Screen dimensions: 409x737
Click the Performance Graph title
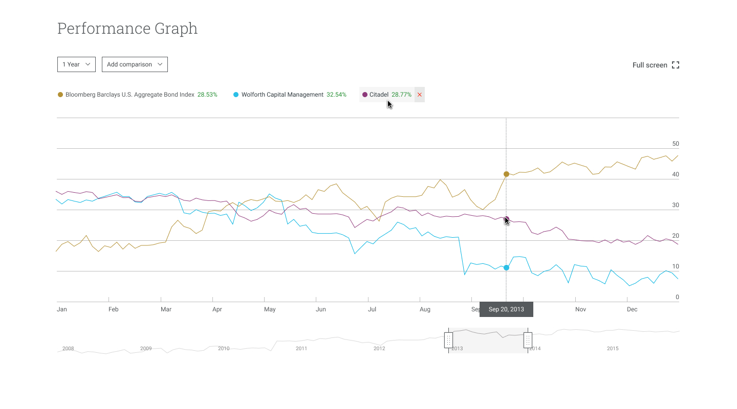pyautogui.click(x=127, y=29)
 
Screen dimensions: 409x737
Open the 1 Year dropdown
pyautogui.click(x=76, y=64)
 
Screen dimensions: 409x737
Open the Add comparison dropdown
pyautogui.click(x=135, y=64)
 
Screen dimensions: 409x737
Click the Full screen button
pyautogui.click(x=656, y=65)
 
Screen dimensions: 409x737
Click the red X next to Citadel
pyautogui.click(x=420, y=95)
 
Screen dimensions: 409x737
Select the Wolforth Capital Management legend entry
pyautogui.click(x=283, y=95)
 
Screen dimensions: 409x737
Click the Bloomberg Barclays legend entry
pyautogui.click(x=130, y=95)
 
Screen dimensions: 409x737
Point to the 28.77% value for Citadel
pyautogui.click(x=401, y=95)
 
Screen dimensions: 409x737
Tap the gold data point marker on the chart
pyautogui.click(x=506, y=174)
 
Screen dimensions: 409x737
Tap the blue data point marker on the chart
pyautogui.click(x=506, y=268)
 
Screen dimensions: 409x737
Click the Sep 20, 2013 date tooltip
pyautogui.click(x=506, y=309)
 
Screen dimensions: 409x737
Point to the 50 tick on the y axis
pyautogui.click(x=676, y=144)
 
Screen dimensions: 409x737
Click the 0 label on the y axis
pyautogui.click(x=677, y=297)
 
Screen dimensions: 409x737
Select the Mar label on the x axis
pyautogui.click(x=166, y=309)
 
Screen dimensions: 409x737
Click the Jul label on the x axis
pyautogui.click(x=372, y=309)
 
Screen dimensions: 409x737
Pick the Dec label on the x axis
pyautogui.click(x=632, y=309)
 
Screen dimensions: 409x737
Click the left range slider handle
pyautogui.click(x=448, y=340)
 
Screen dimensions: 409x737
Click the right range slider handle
pyautogui.click(x=528, y=340)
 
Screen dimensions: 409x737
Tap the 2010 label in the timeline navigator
pyautogui.click(x=224, y=349)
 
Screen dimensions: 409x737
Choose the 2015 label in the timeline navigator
pyautogui.click(x=613, y=349)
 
